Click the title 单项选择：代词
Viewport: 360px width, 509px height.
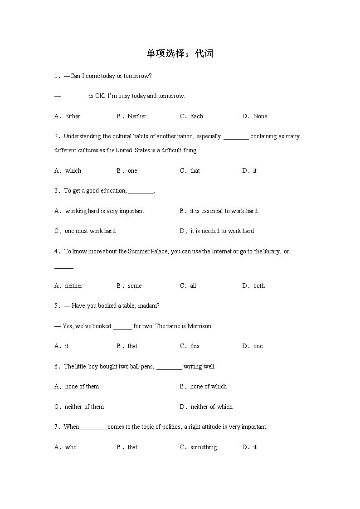[x=180, y=53]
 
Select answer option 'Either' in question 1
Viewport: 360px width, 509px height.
[x=73, y=116]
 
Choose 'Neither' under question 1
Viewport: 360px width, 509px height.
[x=136, y=116]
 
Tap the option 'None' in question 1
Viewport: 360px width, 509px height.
[x=260, y=116]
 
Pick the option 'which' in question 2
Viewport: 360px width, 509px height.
[x=73, y=171]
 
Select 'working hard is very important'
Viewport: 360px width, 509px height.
[x=104, y=211]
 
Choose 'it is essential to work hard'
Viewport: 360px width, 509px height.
[x=224, y=211]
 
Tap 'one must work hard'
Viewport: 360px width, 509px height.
[x=90, y=231]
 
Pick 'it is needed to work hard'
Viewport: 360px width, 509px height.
[x=222, y=231]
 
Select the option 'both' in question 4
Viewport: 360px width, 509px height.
[x=259, y=286]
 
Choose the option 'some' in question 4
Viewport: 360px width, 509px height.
[x=135, y=286]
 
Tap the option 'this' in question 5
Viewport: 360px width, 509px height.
[x=195, y=346]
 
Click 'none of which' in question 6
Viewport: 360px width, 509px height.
[x=208, y=387]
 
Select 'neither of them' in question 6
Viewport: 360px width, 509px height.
[x=84, y=407]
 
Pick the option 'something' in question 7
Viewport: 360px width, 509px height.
[x=204, y=447]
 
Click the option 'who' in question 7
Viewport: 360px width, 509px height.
[x=71, y=447]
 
